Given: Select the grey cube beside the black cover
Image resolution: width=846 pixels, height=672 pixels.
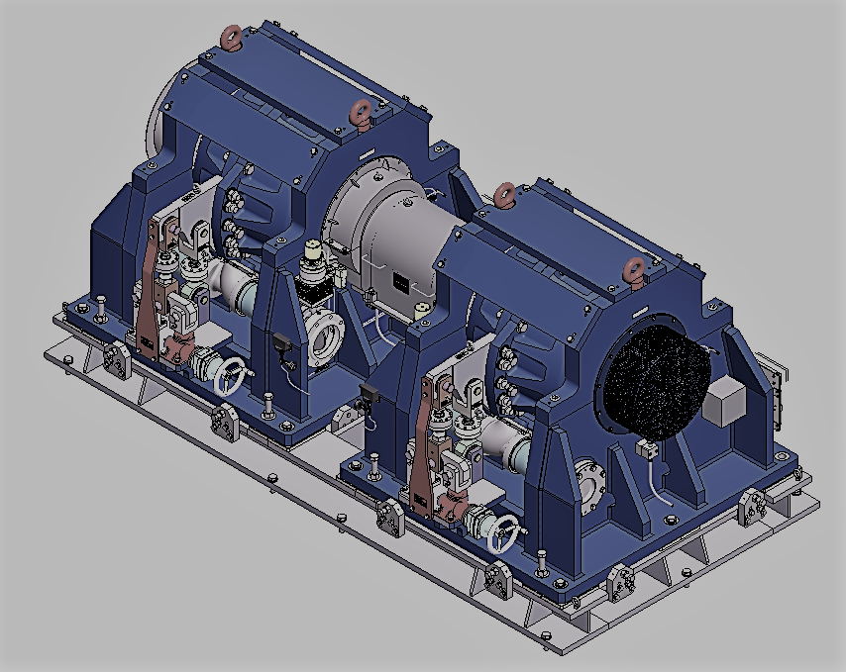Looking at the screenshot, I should [728, 401].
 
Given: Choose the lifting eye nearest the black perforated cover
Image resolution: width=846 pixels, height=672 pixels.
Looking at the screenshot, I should [632, 267].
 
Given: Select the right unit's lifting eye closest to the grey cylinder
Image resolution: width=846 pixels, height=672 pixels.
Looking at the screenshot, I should [504, 193].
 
